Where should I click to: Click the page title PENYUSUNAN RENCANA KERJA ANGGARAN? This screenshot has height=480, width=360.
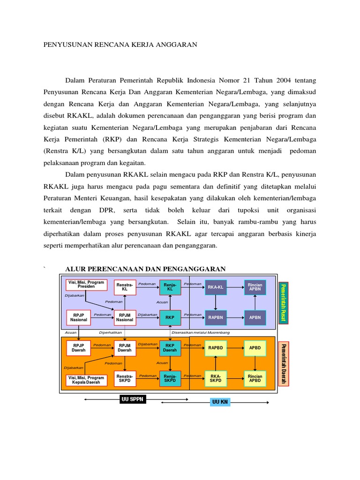pos(120,45)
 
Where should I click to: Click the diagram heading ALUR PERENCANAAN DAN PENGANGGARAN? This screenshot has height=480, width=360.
pos(145,269)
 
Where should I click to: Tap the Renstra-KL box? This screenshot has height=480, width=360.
pos(125,287)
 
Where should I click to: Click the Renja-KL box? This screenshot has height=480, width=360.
pos(170,287)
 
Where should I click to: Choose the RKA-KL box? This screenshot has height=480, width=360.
pos(215,287)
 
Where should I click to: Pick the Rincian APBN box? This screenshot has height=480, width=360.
pos(255,287)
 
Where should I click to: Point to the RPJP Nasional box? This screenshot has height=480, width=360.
pos(79,317)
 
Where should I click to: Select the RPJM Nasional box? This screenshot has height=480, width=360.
pos(125,317)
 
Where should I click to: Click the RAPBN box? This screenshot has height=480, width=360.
pos(215,317)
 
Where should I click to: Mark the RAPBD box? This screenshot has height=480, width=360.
pos(215,348)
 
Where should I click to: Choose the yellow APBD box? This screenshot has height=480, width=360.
pos(255,348)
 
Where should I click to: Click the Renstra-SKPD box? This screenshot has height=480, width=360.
pos(125,378)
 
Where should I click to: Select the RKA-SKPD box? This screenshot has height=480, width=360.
pos(215,378)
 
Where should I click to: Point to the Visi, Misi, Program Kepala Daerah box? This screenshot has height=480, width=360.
pos(86,380)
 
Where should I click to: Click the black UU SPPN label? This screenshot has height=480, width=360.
pos(133,399)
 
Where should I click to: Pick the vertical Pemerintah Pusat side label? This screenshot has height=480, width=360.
pos(283,303)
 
